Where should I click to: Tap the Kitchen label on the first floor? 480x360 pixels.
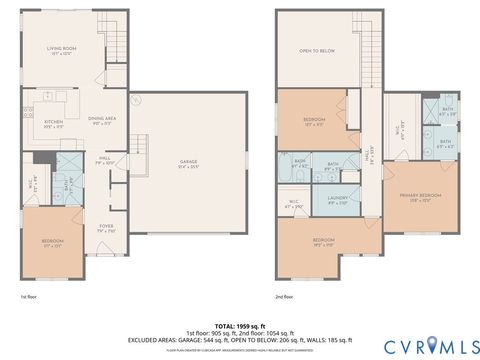pos(54,98)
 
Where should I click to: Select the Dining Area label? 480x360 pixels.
pos(103,119)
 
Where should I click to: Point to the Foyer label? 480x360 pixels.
pos(105,228)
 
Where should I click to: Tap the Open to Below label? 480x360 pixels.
pos(318,50)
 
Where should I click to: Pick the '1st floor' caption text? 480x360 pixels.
pos(29,297)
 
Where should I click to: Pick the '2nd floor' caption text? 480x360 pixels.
pos(284,297)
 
